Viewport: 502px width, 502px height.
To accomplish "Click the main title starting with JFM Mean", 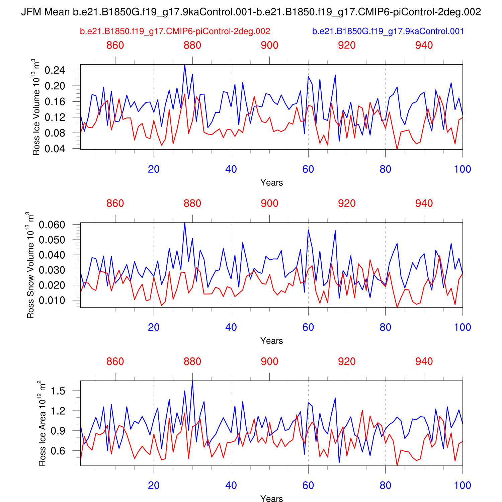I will click(251, 12).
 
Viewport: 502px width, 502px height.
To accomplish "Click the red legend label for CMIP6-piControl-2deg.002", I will click(175, 31).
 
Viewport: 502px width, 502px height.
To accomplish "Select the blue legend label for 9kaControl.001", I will click(388, 31).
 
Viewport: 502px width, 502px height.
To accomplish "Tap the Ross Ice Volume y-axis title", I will click(36, 107).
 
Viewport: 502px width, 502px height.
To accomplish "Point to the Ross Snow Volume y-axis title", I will click(30, 265).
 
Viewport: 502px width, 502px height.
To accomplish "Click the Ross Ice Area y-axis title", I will click(42, 423).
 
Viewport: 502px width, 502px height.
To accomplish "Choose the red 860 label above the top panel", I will click(115, 46).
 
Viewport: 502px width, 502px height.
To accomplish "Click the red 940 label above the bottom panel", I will click(424, 362).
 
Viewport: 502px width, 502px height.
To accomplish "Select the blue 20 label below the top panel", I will click(154, 169).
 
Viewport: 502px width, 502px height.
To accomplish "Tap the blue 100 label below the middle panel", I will click(463, 327).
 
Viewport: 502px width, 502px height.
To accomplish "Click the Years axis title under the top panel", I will click(271, 183).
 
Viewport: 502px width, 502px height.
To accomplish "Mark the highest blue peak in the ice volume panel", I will click(185, 65).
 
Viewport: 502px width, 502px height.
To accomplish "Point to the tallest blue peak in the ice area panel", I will click(192, 381).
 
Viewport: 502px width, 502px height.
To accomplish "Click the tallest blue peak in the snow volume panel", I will click(185, 223).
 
